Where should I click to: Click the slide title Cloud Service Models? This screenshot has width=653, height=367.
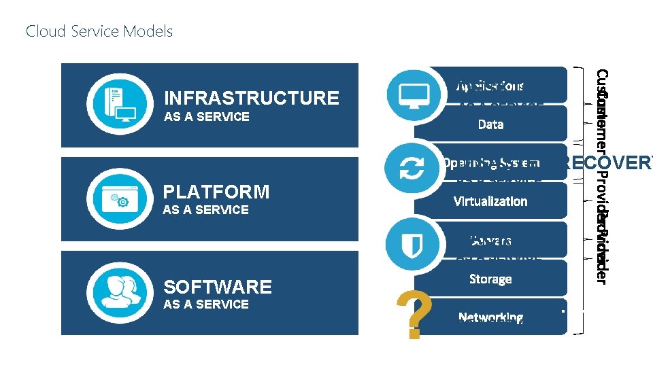99,31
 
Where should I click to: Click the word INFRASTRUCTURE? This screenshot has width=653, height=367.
252,98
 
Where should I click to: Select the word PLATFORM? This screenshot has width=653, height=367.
216,192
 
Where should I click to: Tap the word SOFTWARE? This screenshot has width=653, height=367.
218,287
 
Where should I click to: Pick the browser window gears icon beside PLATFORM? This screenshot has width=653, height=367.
116,198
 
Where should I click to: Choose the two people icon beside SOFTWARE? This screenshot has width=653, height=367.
116,291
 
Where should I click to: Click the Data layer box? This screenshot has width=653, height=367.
490,124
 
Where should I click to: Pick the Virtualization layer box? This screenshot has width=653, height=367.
490,201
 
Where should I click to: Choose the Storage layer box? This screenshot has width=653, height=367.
490,279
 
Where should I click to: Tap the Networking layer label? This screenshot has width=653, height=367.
490,317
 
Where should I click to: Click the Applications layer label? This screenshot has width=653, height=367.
490,86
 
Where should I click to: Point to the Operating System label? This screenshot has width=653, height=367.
490,163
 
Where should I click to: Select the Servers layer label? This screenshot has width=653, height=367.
490,241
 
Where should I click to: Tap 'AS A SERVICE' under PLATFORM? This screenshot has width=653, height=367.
206,210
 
